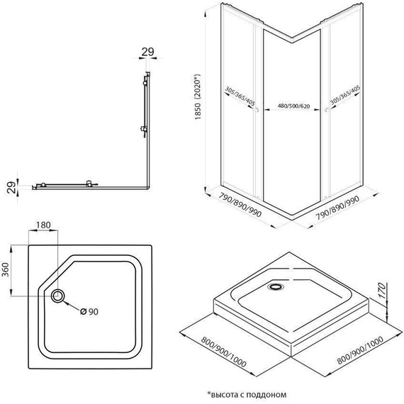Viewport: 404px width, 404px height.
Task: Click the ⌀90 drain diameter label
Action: [89, 312]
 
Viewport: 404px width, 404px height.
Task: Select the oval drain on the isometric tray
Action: [275, 287]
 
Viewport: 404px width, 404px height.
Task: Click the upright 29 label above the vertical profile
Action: [147, 52]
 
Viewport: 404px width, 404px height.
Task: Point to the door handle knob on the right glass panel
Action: [325, 109]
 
